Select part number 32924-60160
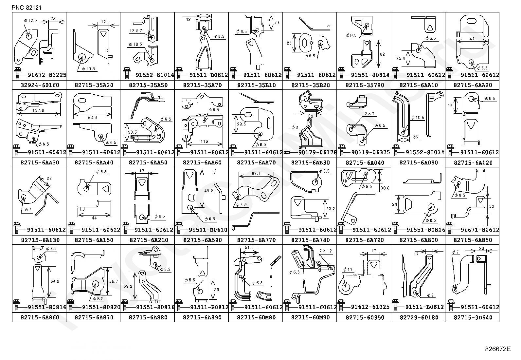40,85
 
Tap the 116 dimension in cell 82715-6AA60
204,142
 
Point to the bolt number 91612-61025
370,307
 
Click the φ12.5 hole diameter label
30,21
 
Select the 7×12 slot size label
325,251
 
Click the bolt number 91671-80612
480,230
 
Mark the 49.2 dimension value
208,191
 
